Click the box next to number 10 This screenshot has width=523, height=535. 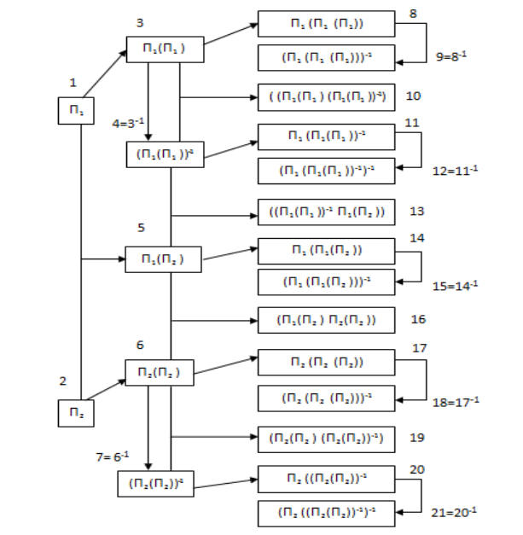tap(327, 96)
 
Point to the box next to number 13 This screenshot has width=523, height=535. tap(327, 211)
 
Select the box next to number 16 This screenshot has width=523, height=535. tap(327, 319)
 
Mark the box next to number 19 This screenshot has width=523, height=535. tap(327, 438)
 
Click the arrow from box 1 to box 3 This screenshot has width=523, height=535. tap(103, 73)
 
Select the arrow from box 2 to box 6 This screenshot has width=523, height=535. tap(104, 387)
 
